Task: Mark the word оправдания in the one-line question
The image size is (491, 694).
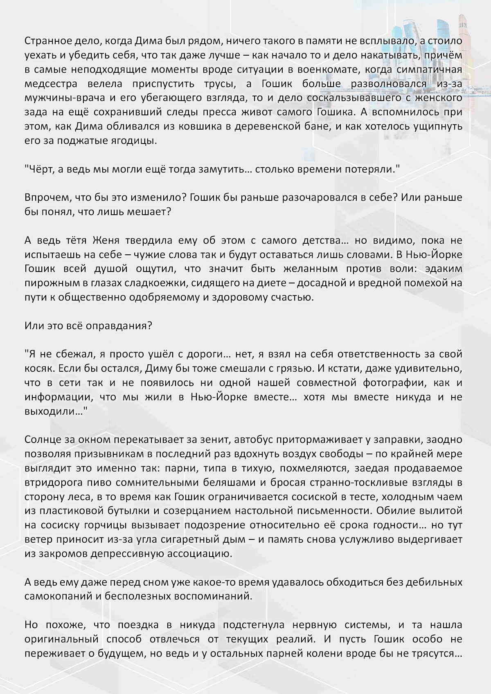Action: point(112,326)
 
